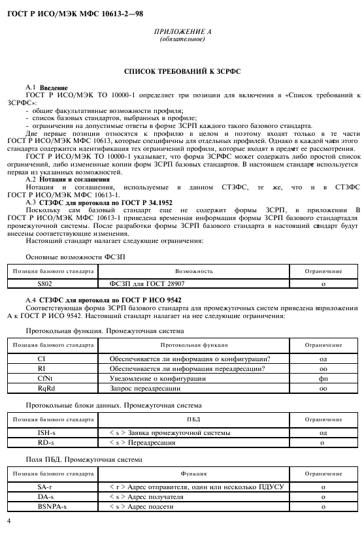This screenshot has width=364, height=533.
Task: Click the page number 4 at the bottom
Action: coord(8,521)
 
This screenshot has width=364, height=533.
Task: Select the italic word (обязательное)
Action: coord(182,39)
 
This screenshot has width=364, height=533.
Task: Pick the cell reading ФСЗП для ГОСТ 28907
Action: coord(137,284)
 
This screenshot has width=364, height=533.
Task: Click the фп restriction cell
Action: coord(323,378)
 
